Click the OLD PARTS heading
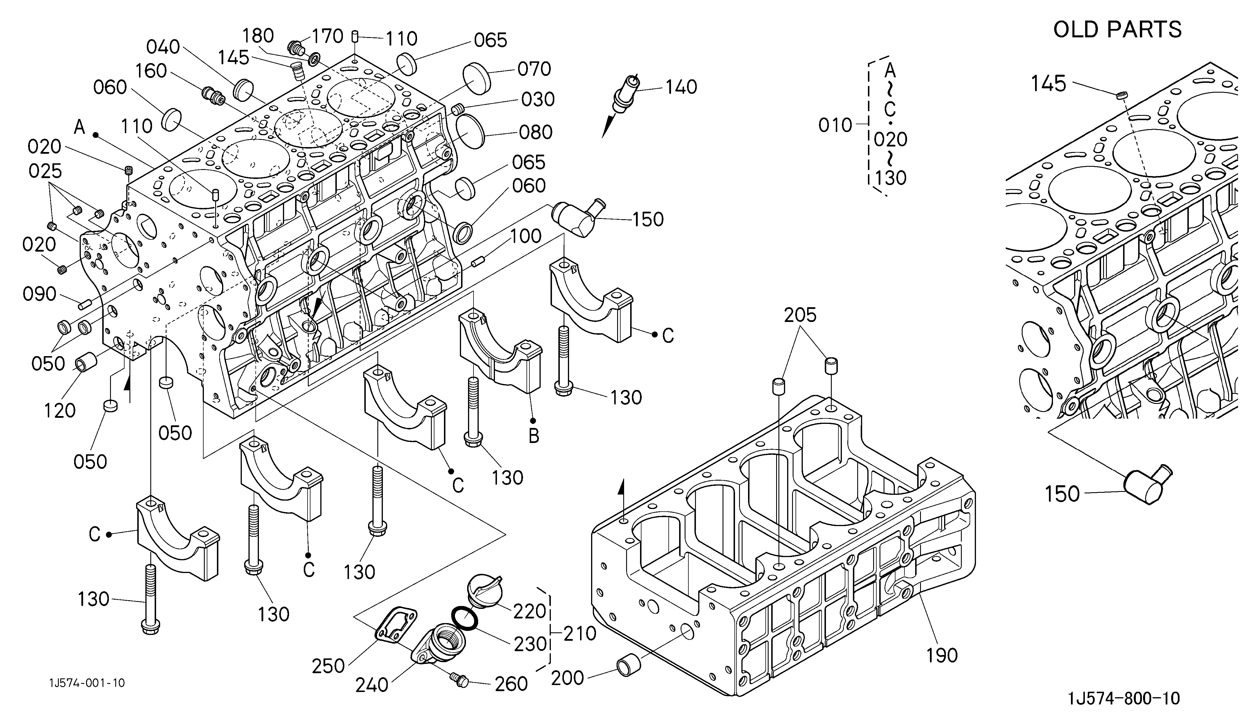click(1118, 30)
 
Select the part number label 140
click(681, 87)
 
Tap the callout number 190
click(942, 655)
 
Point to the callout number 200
click(568, 678)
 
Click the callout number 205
click(800, 315)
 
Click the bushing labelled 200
click(629, 667)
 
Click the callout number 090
click(39, 294)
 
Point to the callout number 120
click(60, 410)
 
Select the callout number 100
click(526, 236)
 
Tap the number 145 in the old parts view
click(1048, 84)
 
